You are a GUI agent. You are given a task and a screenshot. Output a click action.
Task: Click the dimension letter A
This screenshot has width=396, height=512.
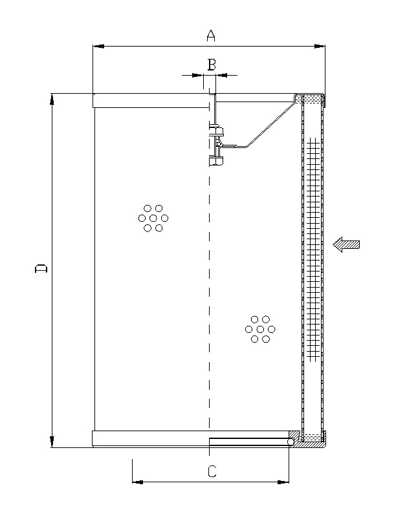click(210, 35)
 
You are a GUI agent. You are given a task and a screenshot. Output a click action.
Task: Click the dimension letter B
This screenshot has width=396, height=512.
click(211, 64)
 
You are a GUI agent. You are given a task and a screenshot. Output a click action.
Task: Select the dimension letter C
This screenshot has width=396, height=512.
click(212, 471)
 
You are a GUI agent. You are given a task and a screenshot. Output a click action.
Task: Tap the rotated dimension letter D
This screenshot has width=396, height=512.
click(41, 268)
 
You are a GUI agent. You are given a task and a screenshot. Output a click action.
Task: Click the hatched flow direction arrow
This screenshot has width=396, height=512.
click(346, 244)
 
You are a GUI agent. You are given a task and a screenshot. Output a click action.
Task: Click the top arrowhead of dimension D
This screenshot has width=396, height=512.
click(52, 99)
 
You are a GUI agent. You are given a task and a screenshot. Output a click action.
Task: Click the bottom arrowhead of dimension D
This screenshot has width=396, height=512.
click(52, 442)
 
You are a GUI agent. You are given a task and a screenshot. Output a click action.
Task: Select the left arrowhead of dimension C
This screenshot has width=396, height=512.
click(137, 482)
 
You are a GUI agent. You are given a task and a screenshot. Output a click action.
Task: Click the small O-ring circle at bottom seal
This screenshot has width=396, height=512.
click(291, 442)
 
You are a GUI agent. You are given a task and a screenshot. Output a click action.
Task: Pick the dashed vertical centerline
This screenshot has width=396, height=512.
click(209, 291)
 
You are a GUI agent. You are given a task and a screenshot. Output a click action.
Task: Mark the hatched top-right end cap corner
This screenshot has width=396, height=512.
click(311, 99)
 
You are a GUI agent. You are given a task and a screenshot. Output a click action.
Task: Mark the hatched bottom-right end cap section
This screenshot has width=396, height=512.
click(311, 440)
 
